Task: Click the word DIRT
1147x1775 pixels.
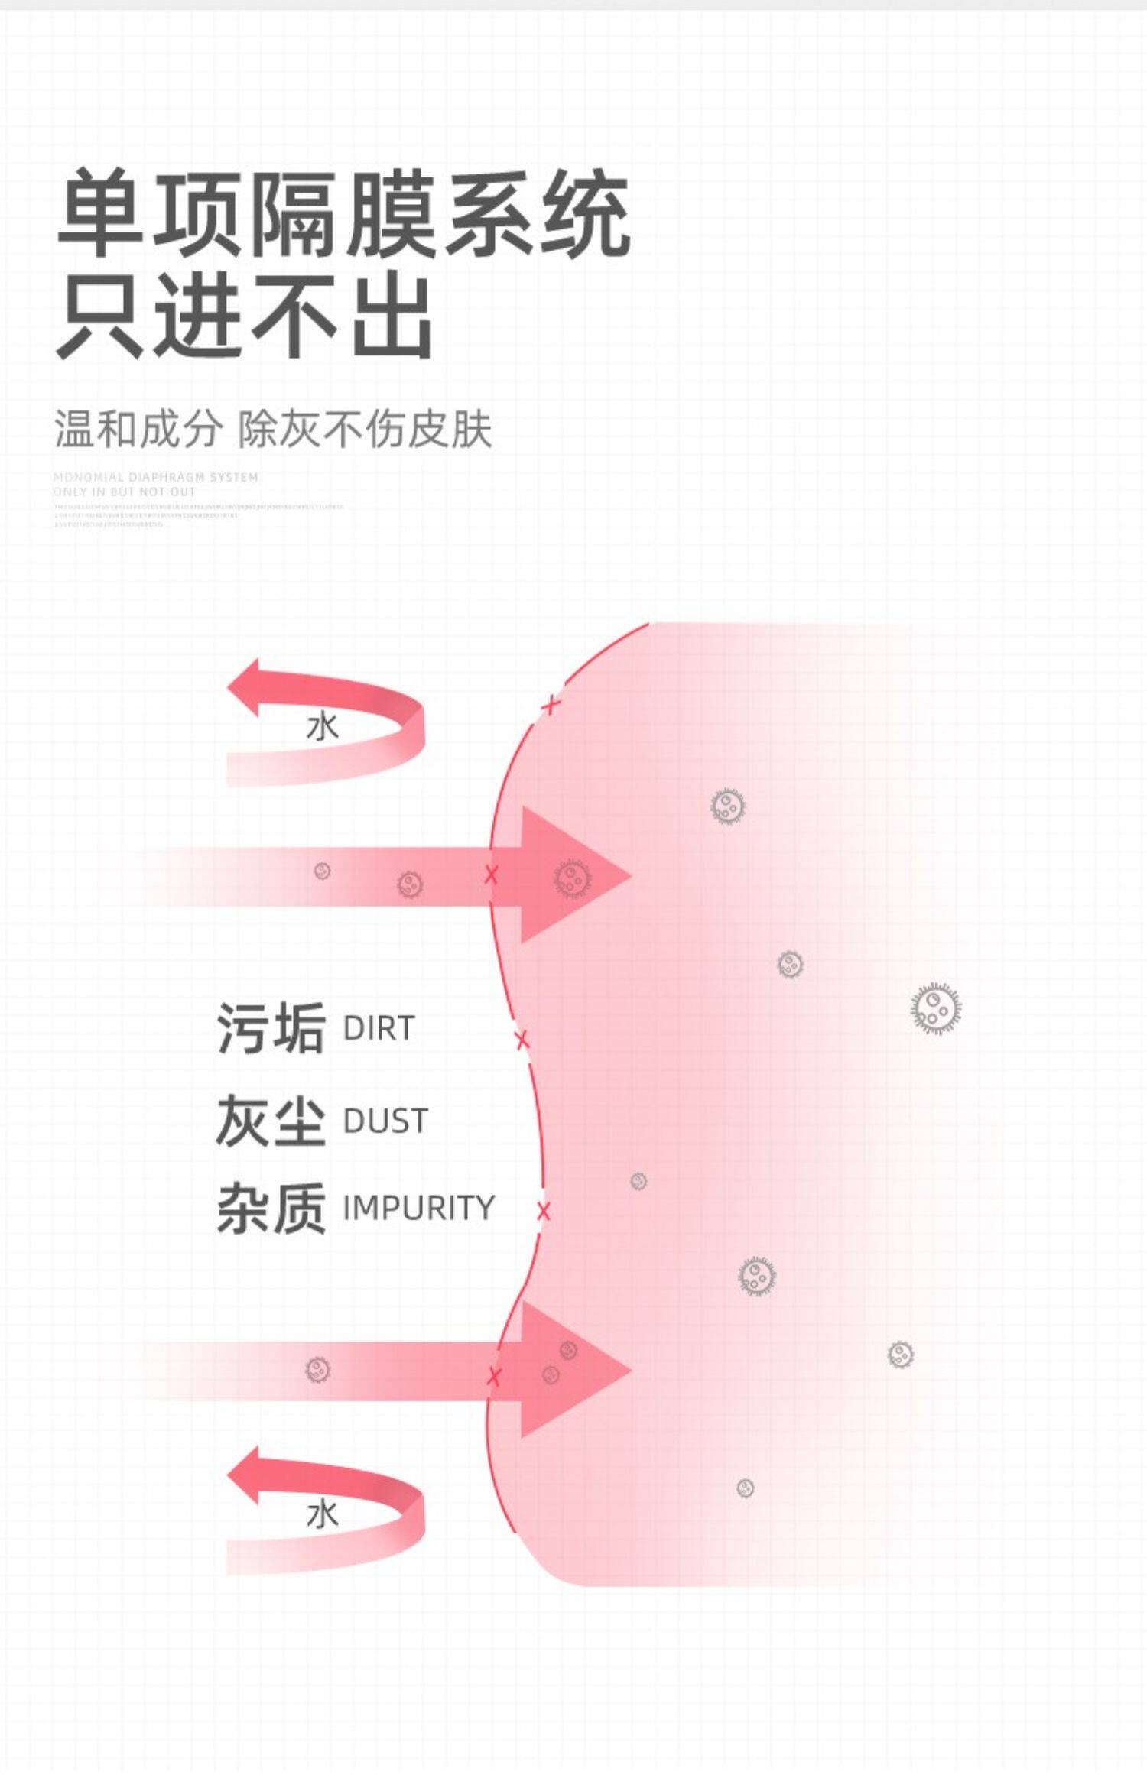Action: coord(379,1029)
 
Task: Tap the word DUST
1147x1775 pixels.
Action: coord(385,1121)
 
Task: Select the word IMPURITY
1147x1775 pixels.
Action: coord(418,1208)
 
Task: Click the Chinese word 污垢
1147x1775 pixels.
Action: coord(271,1029)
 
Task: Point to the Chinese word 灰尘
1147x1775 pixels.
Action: coord(271,1121)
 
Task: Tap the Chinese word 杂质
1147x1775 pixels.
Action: coord(271,1209)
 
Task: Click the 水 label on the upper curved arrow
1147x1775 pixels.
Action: coord(322,727)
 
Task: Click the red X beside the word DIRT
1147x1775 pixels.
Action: coord(522,1040)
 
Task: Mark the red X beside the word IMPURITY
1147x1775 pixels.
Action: coord(543,1211)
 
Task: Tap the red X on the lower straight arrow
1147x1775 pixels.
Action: coord(494,1377)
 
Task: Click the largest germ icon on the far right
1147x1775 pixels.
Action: coord(935,1008)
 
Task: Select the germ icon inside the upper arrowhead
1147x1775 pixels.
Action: coord(572,878)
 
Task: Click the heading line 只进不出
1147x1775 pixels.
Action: coord(245,316)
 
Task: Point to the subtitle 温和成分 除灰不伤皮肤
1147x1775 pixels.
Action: coord(272,429)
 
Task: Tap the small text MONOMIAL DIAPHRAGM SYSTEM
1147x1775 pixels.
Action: coord(156,477)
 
